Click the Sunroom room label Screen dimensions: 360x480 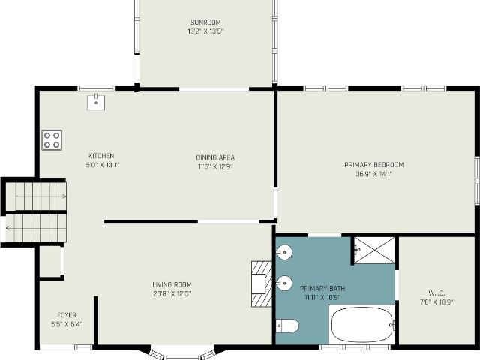[x=206, y=22]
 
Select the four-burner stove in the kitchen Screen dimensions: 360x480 [x=52, y=139]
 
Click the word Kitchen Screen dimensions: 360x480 [x=101, y=156]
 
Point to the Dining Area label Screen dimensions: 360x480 [x=215, y=157]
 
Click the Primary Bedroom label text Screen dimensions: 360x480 [x=373, y=165]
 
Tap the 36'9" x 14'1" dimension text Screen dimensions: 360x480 [x=373, y=174]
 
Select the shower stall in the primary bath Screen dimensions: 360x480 [x=374, y=250]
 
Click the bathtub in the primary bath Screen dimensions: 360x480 [x=362, y=325]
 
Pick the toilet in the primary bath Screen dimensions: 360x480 [x=288, y=325]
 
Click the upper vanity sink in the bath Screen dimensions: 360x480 [x=283, y=252]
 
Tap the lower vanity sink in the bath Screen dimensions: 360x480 [x=283, y=283]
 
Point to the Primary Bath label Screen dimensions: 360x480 [x=321, y=288]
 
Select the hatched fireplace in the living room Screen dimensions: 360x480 [x=261, y=283]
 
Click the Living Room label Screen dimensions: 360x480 [x=172, y=284]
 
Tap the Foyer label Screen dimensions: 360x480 [x=67, y=315]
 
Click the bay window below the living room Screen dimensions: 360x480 [x=182, y=353]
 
